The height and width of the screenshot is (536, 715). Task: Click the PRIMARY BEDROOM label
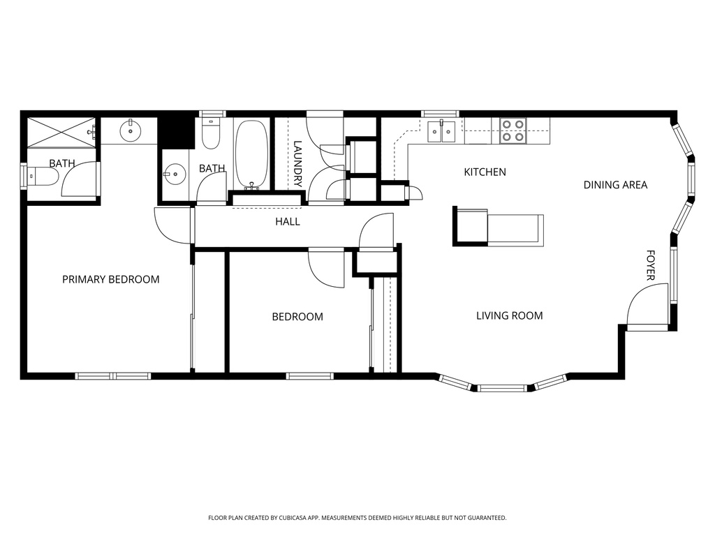point(111,279)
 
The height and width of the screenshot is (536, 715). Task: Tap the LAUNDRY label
point(297,164)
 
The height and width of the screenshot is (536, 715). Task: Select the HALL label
point(288,221)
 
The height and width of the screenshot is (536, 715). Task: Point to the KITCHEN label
point(485,172)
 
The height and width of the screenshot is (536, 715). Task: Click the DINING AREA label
point(616,184)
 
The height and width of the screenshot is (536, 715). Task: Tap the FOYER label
point(651,265)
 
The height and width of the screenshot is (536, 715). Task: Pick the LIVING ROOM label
point(509,315)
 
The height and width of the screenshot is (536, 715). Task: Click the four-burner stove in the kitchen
point(513,131)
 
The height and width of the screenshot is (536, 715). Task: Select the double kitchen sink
point(441,132)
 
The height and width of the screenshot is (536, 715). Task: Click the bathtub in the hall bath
point(251,154)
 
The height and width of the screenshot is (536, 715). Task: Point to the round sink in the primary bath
point(131,131)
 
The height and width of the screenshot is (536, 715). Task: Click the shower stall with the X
point(61,133)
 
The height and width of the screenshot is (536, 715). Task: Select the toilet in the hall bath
point(211,133)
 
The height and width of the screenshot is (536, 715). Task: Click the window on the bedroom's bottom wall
point(310,376)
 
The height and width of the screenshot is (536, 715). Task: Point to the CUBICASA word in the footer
point(296,518)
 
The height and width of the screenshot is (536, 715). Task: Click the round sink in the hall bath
point(175,174)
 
